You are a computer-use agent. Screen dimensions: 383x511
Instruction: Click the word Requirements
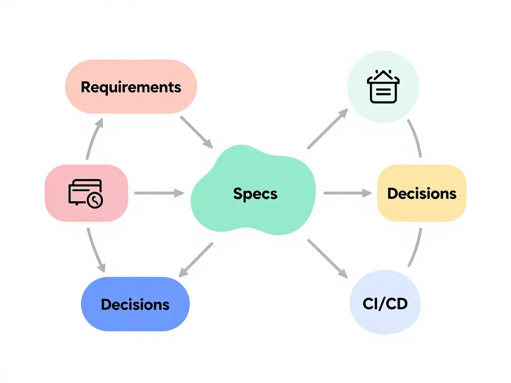coord(131,87)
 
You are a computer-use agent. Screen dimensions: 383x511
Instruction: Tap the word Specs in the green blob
coord(255,193)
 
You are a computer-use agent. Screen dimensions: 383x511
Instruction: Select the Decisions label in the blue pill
coord(135,304)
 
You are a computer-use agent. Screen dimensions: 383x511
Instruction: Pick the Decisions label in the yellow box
coord(422,193)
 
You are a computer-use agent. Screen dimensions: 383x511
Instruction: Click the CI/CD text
coord(385,303)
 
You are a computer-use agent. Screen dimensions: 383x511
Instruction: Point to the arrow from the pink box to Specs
coord(159,193)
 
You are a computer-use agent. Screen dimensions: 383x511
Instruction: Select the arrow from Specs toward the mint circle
coord(327,129)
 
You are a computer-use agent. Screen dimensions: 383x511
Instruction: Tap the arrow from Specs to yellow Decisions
coord(347,193)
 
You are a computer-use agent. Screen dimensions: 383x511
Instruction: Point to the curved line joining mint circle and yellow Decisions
coord(416,138)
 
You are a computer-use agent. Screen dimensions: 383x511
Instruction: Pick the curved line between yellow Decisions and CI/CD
coord(416,248)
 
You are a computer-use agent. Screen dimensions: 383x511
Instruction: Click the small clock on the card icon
coord(94,200)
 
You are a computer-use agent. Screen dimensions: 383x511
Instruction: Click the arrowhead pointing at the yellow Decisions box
coord(368,193)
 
